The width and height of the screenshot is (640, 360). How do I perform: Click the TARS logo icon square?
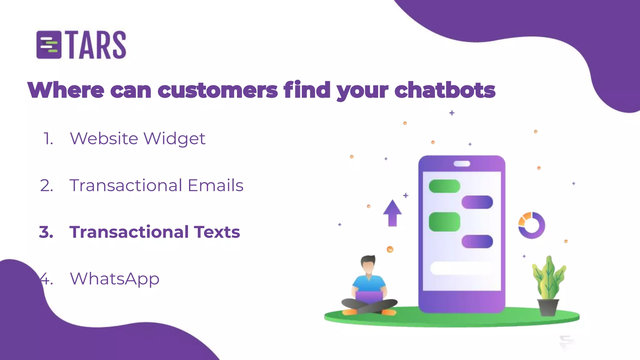click(x=49, y=45)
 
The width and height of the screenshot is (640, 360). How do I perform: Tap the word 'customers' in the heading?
click(x=217, y=90)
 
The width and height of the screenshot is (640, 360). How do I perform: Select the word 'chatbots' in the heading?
click(x=445, y=90)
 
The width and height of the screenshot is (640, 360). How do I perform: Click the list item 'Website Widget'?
click(x=137, y=138)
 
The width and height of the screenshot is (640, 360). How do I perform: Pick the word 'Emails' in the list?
click(x=215, y=185)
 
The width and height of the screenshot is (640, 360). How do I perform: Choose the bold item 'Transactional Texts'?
click(x=155, y=232)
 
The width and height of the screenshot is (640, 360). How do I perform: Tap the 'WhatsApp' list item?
click(x=115, y=279)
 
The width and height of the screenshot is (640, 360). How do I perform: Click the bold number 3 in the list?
click(x=46, y=232)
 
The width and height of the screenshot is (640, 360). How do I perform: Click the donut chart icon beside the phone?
click(x=532, y=225)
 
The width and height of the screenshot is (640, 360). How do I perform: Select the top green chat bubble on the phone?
click(x=444, y=186)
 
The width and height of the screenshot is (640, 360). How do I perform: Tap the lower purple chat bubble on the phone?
click(x=477, y=242)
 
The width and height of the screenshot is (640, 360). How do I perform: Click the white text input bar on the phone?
click(x=462, y=268)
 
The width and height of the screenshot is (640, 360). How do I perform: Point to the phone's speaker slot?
click(x=462, y=164)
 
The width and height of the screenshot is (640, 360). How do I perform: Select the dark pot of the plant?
click(x=548, y=307)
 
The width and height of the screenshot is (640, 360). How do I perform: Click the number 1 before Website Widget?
click(x=48, y=138)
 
